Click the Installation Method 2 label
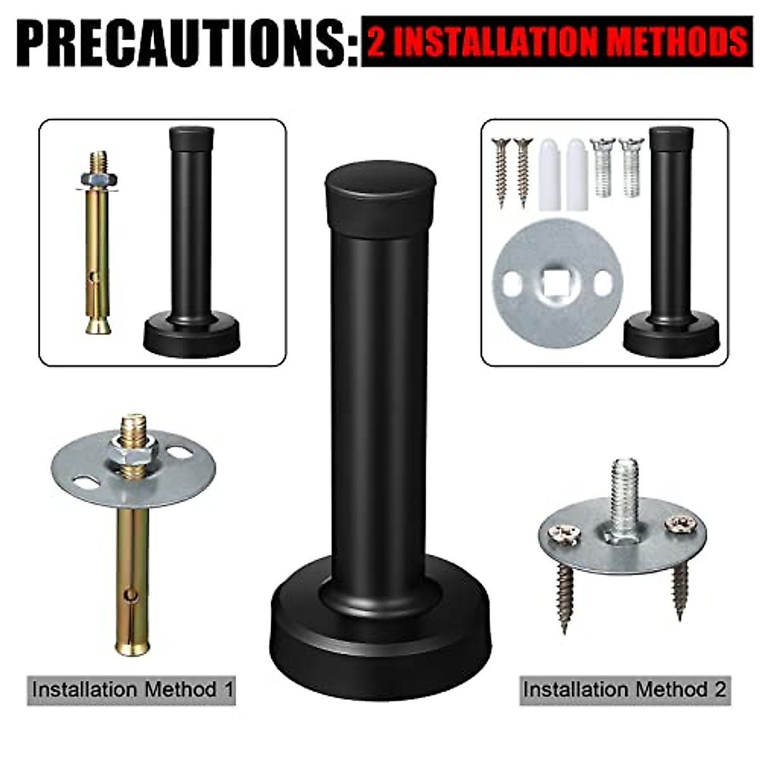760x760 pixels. (x=624, y=689)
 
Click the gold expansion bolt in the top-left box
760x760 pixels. (x=99, y=247)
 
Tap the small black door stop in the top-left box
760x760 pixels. (x=191, y=247)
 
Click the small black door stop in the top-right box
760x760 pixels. (x=671, y=247)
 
